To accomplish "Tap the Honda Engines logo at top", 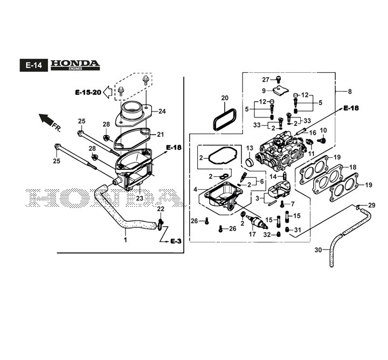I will pyautogui.click(x=75, y=64).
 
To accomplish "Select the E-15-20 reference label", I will pyautogui.click(x=88, y=93).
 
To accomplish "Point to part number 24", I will pyautogui.click(x=162, y=112).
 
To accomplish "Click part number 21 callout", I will pyautogui.click(x=160, y=135).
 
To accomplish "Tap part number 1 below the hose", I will pyautogui.click(x=125, y=240).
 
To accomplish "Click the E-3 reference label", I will pyautogui.click(x=176, y=241).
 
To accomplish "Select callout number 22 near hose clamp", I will pyautogui.click(x=161, y=209).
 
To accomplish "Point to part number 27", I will pyautogui.click(x=265, y=80).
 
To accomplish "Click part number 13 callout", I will pyautogui.click(x=250, y=148).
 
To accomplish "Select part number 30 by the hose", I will pyautogui.click(x=317, y=250).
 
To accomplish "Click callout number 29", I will pyautogui.click(x=371, y=205).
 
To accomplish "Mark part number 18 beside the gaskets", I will pyautogui.click(x=354, y=168).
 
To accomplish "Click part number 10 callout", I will pyautogui.click(x=324, y=130).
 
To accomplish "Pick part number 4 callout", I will pyautogui.click(x=196, y=189).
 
